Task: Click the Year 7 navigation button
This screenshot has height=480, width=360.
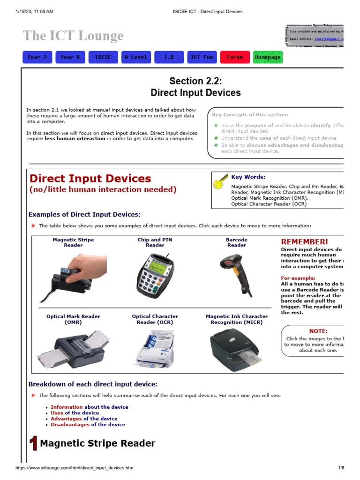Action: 37,57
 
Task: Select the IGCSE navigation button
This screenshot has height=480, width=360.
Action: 103,57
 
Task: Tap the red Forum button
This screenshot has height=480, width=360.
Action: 235,57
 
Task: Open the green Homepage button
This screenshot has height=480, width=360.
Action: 268,57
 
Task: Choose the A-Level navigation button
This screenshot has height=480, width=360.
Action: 136,57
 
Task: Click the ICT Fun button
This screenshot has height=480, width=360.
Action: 202,57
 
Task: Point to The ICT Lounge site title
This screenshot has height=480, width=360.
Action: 73,36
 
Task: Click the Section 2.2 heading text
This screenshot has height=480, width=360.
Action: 195,81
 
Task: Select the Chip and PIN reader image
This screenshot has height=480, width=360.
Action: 155,275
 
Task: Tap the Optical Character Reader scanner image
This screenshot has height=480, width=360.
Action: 155,349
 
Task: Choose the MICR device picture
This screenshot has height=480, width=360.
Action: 237,349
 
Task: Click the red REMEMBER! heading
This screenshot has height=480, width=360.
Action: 304,242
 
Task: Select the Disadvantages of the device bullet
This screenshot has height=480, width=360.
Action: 88,424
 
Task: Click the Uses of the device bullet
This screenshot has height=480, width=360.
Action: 75,413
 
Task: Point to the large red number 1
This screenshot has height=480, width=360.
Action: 33,443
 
